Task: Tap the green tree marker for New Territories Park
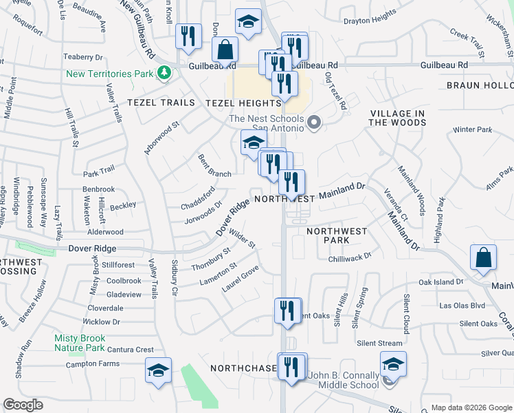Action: pos(164,72)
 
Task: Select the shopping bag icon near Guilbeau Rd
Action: pos(225,50)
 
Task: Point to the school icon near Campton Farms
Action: pos(158,370)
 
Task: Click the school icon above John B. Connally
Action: pos(393,363)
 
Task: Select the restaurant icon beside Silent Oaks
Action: pos(287,310)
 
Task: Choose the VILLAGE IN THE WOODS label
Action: pos(398,118)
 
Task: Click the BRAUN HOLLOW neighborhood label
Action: pos(480,85)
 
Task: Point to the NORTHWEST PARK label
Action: pos(337,235)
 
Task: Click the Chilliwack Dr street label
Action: pos(349,255)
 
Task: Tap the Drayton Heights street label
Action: pos(370,14)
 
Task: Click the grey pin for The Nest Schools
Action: pos(315,123)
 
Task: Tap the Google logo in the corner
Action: pos(23,405)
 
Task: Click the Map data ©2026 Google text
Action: pos(471,407)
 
